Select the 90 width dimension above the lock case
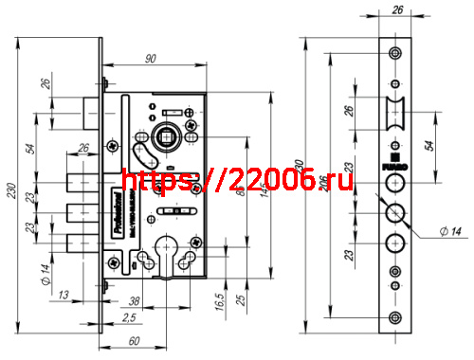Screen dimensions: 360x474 (x=150, y=59)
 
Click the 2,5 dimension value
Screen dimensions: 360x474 (x=128, y=316)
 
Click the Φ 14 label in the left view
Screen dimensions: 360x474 (x=44, y=276)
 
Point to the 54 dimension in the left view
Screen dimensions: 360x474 (x=29, y=149)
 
